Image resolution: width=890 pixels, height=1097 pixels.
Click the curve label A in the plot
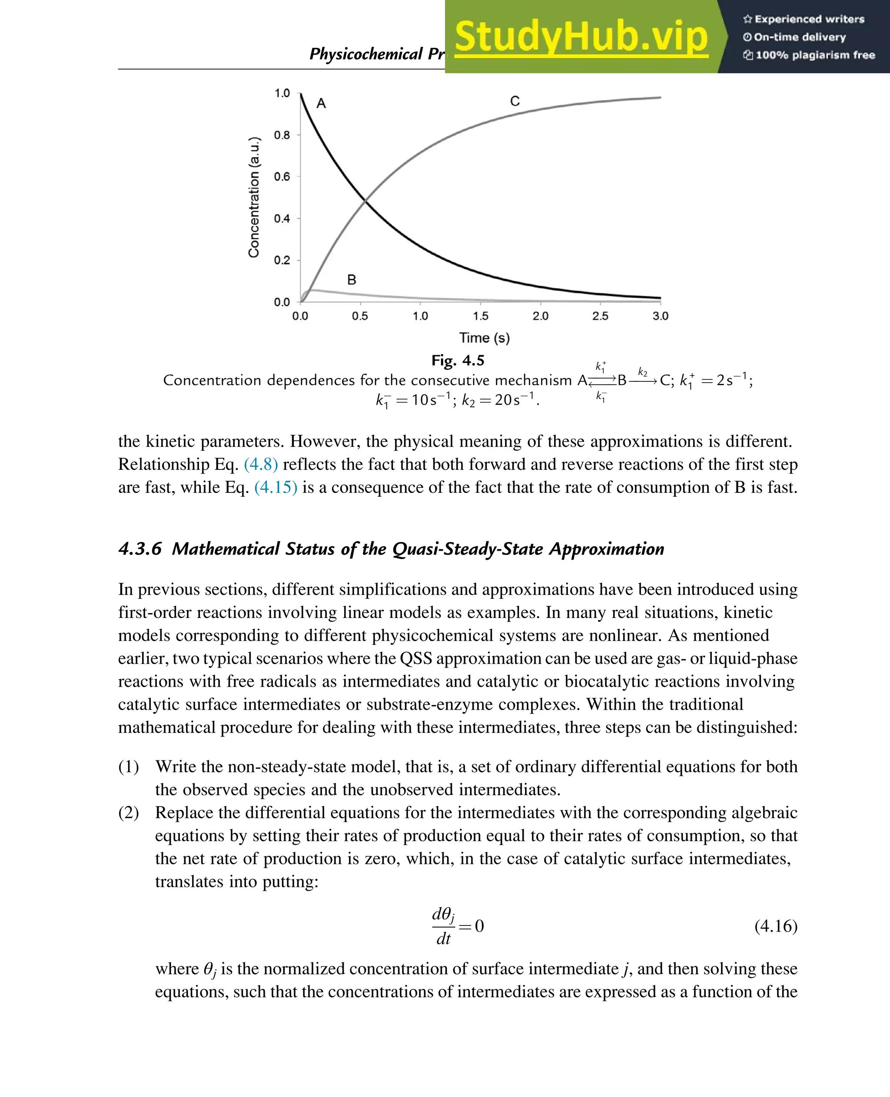tap(321, 103)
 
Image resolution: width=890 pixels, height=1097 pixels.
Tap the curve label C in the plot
tap(515, 101)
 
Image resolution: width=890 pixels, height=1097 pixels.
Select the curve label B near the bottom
tap(352, 280)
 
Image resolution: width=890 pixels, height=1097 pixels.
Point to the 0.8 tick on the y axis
tap(282, 135)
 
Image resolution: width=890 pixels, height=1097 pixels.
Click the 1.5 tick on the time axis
tap(480, 316)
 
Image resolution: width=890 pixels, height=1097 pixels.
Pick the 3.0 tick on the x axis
tap(660, 316)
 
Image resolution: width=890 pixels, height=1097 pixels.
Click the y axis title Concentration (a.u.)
tap(254, 197)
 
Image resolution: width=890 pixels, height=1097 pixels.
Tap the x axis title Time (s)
tap(485, 338)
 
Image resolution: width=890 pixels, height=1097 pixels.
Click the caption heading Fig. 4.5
tap(458, 361)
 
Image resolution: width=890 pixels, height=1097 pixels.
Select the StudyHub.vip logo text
tap(581, 37)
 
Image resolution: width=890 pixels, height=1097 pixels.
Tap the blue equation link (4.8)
tap(261, 464)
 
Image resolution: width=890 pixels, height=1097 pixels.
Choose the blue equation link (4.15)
tap(276, 487)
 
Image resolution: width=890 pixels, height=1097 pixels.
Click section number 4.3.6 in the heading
tap(140, 549)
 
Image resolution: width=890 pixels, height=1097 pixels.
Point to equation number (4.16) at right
tap(776, 926)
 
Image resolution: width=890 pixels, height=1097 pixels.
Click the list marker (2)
tap(129, 813)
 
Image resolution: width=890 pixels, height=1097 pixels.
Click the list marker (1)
tap(129, 767)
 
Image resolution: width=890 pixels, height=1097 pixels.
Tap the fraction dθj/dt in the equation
tap(443, 926)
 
